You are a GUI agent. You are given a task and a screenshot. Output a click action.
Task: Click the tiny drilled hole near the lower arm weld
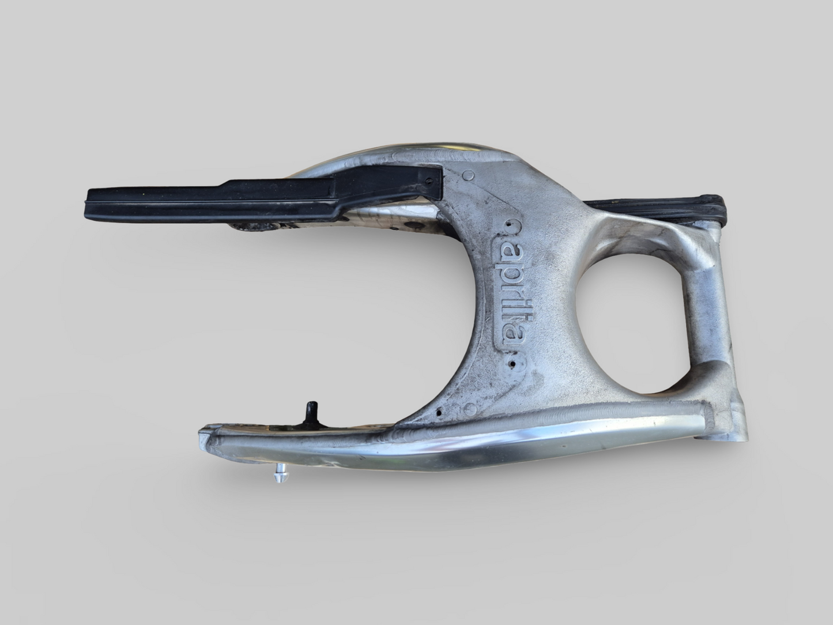(x=440, y=413)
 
